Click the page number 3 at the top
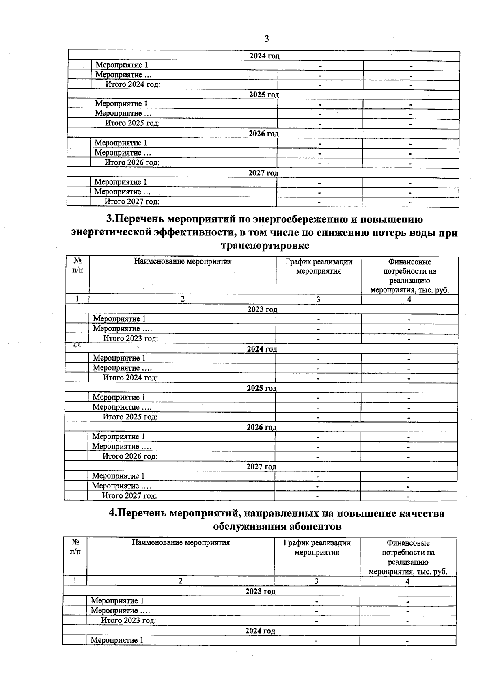266,39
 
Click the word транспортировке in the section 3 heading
265,246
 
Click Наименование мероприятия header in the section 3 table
183,261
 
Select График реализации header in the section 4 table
317,543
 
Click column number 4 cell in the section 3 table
409,299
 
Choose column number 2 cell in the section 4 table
181,581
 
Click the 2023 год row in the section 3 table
262,309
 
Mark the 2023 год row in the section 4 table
260,591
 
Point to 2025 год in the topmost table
264,95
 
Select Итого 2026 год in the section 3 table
130,456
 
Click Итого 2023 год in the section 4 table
128,620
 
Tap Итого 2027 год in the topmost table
131,201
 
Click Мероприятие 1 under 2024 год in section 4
117,640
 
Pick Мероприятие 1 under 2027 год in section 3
118,476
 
